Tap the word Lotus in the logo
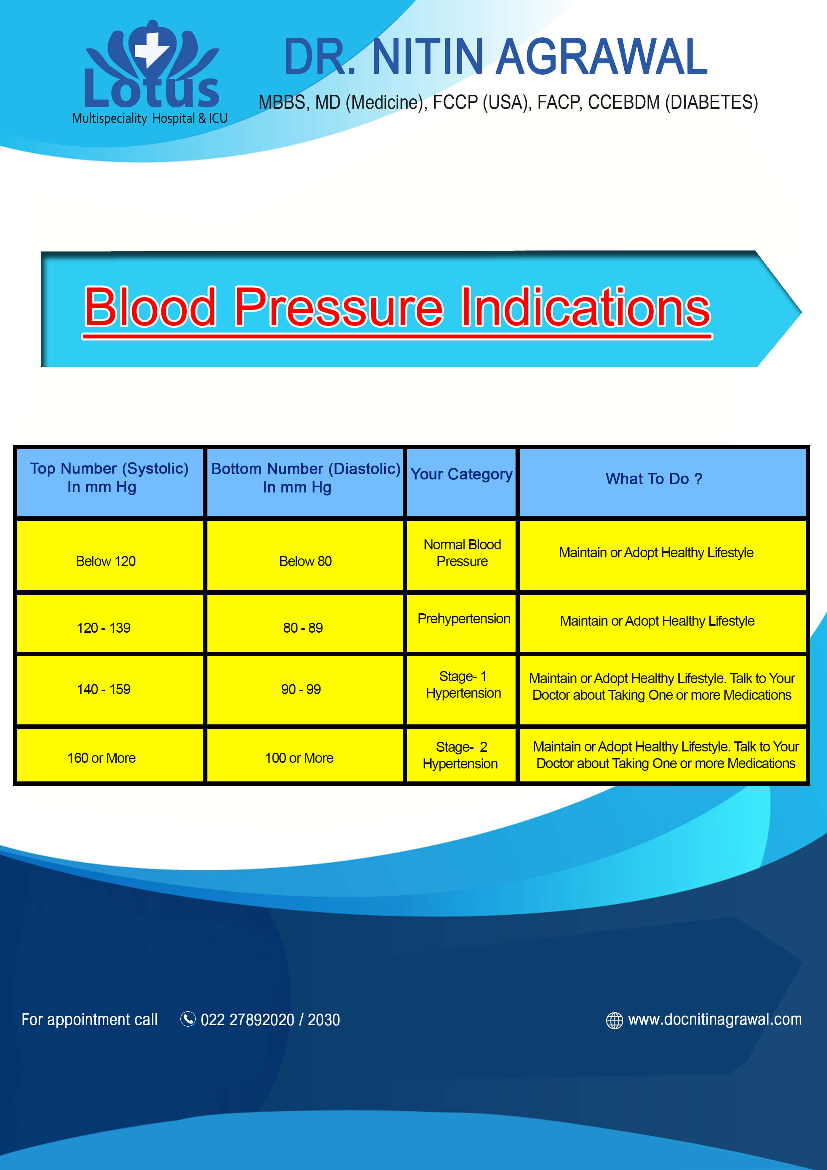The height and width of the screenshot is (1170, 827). coord(151,91)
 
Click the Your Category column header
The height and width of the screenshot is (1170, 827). coord(461,474)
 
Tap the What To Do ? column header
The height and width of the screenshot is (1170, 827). coord(654,479)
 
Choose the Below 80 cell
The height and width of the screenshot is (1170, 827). coord(305,561)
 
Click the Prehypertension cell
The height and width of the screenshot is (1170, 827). coord(464,619)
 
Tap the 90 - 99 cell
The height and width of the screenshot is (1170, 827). coord(301,689)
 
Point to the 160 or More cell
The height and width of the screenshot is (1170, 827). coord(101,758)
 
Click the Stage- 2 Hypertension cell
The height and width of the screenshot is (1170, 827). coord(461,755)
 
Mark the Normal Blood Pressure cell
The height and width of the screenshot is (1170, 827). coord(462,553)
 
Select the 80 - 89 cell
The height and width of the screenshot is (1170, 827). coord(303,627)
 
